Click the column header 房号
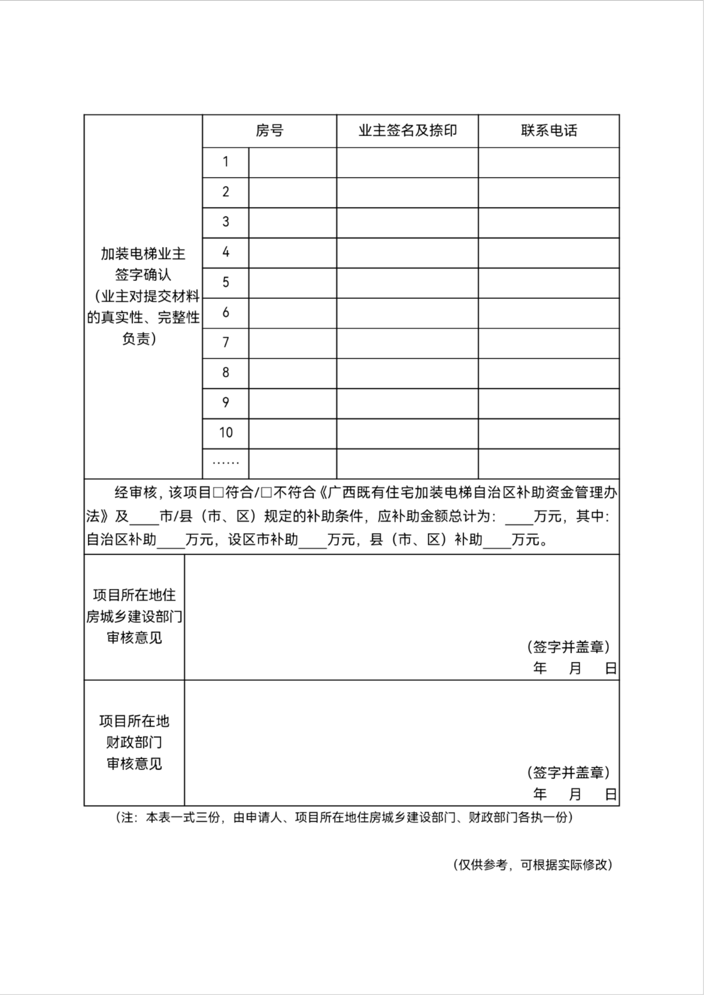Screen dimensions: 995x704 pos(269,131)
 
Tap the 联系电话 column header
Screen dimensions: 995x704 pos(549,131)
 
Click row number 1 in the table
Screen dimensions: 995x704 pos(225,162)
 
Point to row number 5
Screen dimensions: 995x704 pos(225,283)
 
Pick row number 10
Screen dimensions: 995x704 pos(225,433)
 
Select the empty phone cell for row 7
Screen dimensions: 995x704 pos(549,343)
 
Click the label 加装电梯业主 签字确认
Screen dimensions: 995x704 pos(143,264)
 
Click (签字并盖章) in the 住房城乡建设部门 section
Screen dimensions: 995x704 pos(568,647)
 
